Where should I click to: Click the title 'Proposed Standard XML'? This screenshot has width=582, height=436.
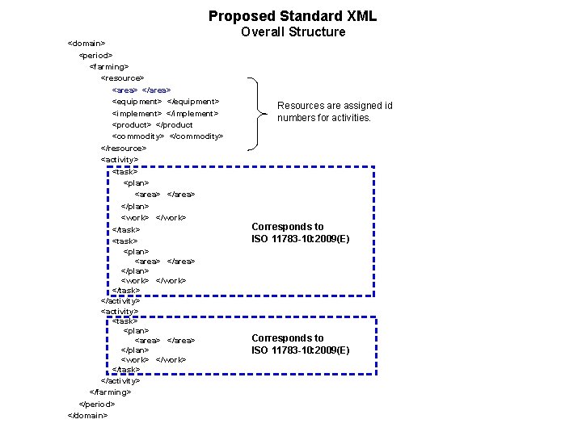tap(293, 15)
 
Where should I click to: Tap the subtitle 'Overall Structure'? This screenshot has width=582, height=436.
tap(293, 32)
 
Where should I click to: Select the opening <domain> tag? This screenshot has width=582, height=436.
tap(86, 42)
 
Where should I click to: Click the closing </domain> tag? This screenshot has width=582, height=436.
tap(88, 415)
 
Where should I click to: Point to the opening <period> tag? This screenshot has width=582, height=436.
tap(95, 54)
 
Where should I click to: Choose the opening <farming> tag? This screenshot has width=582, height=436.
tap(108, 66)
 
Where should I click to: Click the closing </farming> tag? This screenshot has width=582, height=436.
tap(111, 392)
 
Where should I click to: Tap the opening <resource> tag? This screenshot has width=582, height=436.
tap(122, 78)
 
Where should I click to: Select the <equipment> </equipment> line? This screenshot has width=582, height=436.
tap(165, 102)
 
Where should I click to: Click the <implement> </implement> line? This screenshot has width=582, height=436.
tap(165, 113)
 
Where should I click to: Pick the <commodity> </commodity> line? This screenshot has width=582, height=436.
tap(167, 136)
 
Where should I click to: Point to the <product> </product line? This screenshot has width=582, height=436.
tap(152, 125)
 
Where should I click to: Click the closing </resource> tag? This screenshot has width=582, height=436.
tap(124, 148)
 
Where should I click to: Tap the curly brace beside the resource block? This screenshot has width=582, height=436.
tap(257, 113)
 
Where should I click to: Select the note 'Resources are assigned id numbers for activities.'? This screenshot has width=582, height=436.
tap(335, 111)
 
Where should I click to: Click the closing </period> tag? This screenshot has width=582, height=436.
tap(97, 403)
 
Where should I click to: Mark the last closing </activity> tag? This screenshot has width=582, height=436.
tap(120, 380)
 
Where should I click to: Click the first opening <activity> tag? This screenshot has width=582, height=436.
tap(120, 160)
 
